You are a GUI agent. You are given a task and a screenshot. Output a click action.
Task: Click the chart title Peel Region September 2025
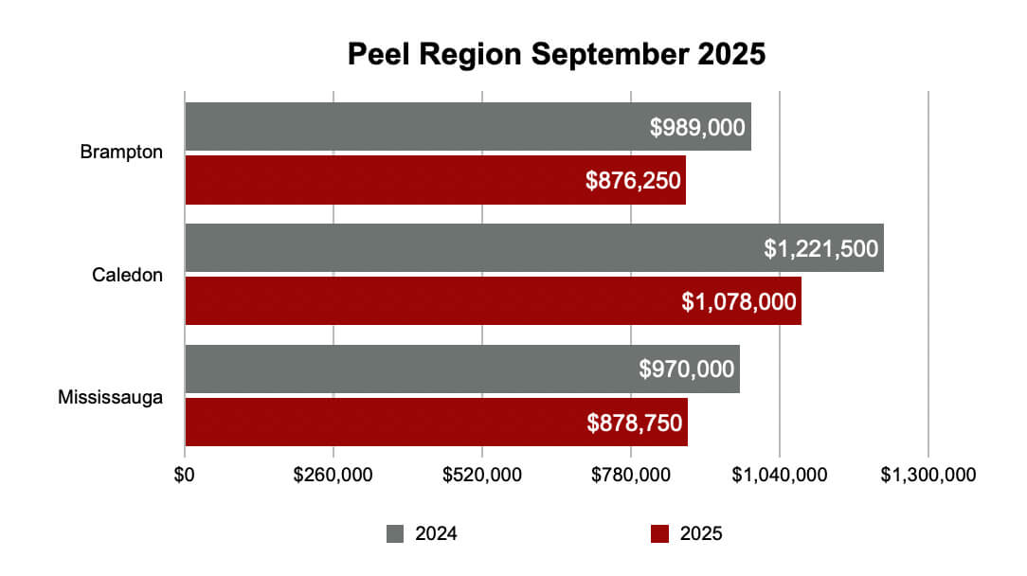555,54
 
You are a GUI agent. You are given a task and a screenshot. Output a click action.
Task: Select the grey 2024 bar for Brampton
417,127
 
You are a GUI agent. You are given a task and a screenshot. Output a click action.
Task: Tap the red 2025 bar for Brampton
379,180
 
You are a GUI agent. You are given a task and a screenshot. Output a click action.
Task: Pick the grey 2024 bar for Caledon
474,248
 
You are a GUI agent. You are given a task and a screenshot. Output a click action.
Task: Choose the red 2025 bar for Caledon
426,301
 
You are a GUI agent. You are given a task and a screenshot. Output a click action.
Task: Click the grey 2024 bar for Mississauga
407,369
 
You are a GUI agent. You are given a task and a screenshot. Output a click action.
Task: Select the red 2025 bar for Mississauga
379,423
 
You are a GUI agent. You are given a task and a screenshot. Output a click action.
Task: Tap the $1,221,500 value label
821,249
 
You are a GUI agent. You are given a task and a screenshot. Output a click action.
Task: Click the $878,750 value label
635,423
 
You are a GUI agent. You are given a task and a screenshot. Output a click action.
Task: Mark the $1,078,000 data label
740,302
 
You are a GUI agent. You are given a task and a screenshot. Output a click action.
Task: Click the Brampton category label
121,153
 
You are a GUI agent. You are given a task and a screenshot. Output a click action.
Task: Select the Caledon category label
127,275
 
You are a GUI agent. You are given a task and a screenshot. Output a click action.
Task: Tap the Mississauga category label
110,396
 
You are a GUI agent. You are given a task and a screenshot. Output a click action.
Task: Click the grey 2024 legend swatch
395,533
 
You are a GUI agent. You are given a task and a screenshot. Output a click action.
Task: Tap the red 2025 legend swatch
660,533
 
